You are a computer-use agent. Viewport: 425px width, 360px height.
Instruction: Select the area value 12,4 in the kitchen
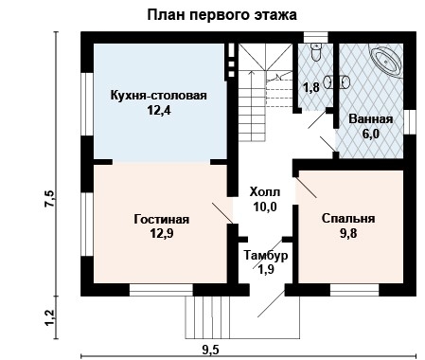tap(159, 112)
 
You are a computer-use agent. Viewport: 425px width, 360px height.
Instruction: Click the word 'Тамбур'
tap(265, 256)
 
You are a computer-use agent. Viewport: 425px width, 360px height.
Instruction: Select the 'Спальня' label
tap(348, 218)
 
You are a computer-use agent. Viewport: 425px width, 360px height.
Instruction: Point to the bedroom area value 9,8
tap(348, 234)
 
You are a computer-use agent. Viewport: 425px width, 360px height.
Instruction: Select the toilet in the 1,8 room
tap(314, 51)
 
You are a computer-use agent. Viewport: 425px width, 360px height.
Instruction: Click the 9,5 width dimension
tap(210, 351)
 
